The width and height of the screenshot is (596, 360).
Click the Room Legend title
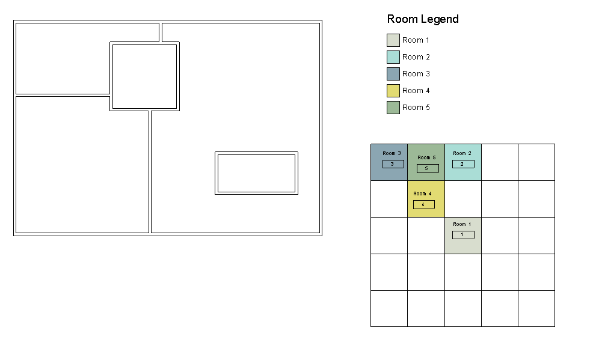point(423,19)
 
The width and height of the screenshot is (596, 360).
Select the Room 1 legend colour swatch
point(393,40)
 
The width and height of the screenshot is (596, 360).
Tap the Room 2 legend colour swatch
point(393,57)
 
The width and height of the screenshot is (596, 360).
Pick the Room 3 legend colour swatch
point(393,74)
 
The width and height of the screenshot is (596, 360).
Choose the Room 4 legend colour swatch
point(393,91)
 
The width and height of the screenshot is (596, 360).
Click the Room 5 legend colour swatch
point(393,108)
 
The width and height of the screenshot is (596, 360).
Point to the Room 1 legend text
point(416,40)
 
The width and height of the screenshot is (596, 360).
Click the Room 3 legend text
point(416,74)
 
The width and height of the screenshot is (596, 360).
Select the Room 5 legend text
point(416,108)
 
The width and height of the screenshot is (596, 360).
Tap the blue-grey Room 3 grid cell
point(389,162)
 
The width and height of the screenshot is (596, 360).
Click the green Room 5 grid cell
point(426,162)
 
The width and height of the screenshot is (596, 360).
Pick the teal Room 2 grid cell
point(463,162)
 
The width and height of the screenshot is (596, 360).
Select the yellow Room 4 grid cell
point(426,199)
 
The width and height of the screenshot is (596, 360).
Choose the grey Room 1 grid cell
point(463,236)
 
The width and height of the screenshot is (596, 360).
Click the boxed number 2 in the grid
point(463,164)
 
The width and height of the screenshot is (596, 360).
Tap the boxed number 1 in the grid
point(463,234)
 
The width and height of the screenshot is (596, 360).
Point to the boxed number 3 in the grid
point(393,164)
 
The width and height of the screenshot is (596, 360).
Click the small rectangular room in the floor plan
point(257,173)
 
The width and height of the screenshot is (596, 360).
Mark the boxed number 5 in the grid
point(428,168)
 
